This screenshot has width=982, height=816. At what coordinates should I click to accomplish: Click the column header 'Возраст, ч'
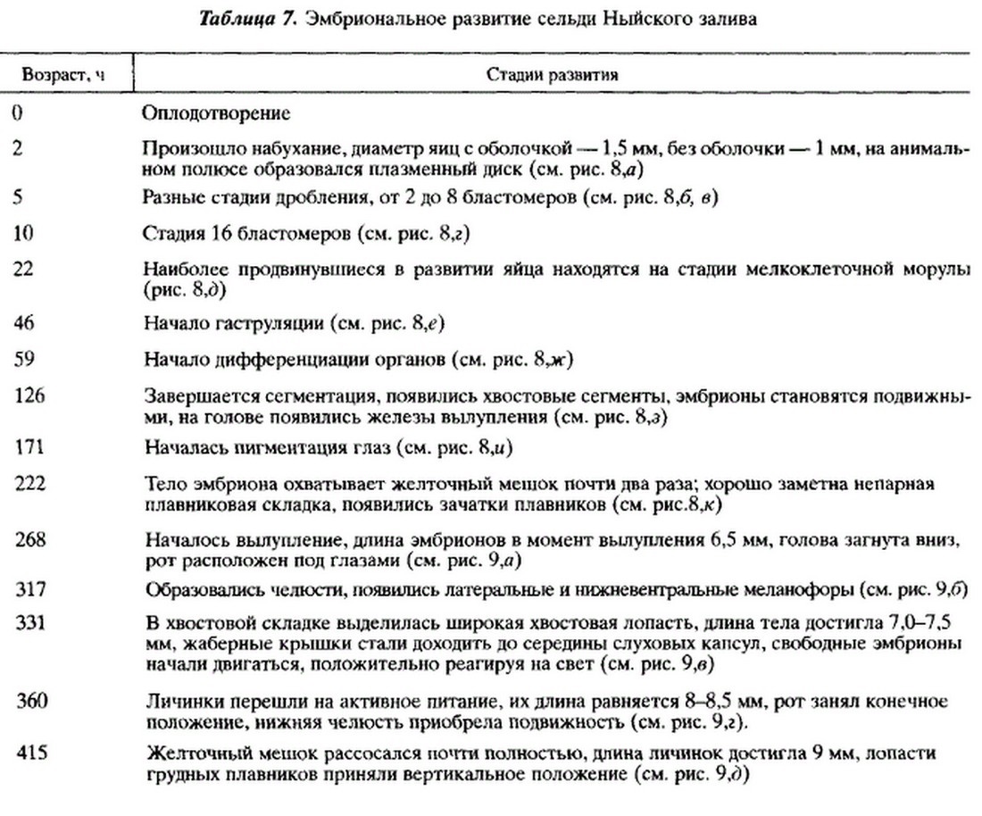62,76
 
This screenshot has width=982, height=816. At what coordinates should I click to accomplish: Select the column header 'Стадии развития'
553,76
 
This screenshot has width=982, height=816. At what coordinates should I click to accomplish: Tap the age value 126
28,395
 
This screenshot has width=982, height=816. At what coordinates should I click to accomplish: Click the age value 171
28,445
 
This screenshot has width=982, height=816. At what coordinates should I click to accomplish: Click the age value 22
24,271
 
